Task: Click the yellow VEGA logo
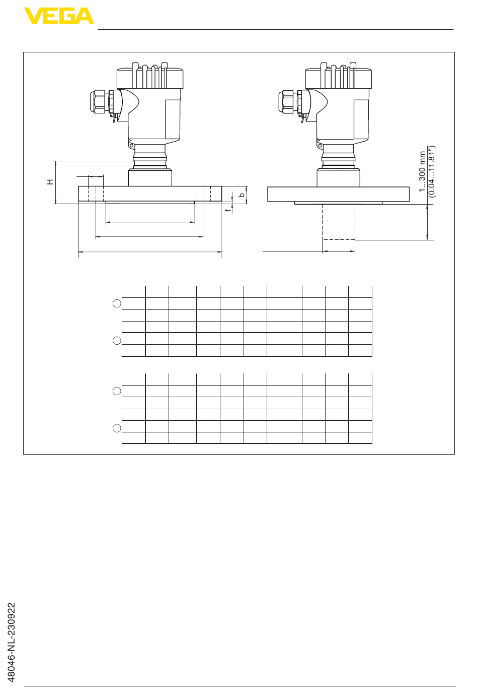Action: pyautogui.click(x=59, y=16)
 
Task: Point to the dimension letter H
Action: pyautogui.click(x=50, y=182)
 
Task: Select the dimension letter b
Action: pyautogui.click(x=242, y=195)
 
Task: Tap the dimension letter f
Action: pyautogui.click(x=228, y=210)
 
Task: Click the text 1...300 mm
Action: pyautogui.click(x=422, y=172)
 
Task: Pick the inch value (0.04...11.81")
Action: pyautogui.click(x=432, y=171)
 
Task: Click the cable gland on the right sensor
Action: pyautogui.click(x=287, y=102)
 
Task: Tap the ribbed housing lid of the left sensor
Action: pyautogui.click(x=150, y=76)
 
